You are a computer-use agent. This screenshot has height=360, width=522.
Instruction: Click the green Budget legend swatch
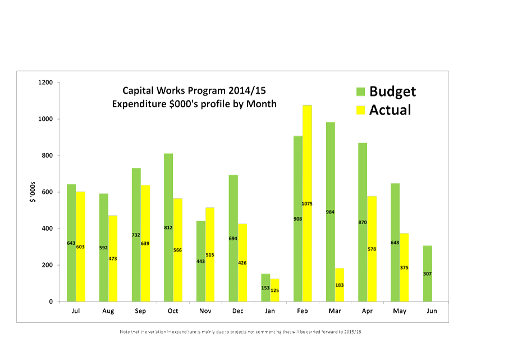tap(360, 92)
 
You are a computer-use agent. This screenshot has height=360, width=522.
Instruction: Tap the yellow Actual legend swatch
tap(360, 110)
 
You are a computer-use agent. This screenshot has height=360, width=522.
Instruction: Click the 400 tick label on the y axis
tap(47, 229)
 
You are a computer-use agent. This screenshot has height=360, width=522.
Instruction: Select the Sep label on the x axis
tap(141, 311)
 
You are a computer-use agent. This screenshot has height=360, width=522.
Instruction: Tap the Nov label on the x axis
tap(205, 311)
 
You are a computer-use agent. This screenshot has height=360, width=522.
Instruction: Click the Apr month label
tap(367, 311)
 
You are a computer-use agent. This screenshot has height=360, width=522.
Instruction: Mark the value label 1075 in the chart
tap(307, 204)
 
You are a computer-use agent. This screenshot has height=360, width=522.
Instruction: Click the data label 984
tap(330, 212)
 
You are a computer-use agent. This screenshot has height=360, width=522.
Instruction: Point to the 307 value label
tap(427, 274)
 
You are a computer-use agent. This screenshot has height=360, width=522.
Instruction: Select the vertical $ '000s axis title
tap(32, 193)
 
